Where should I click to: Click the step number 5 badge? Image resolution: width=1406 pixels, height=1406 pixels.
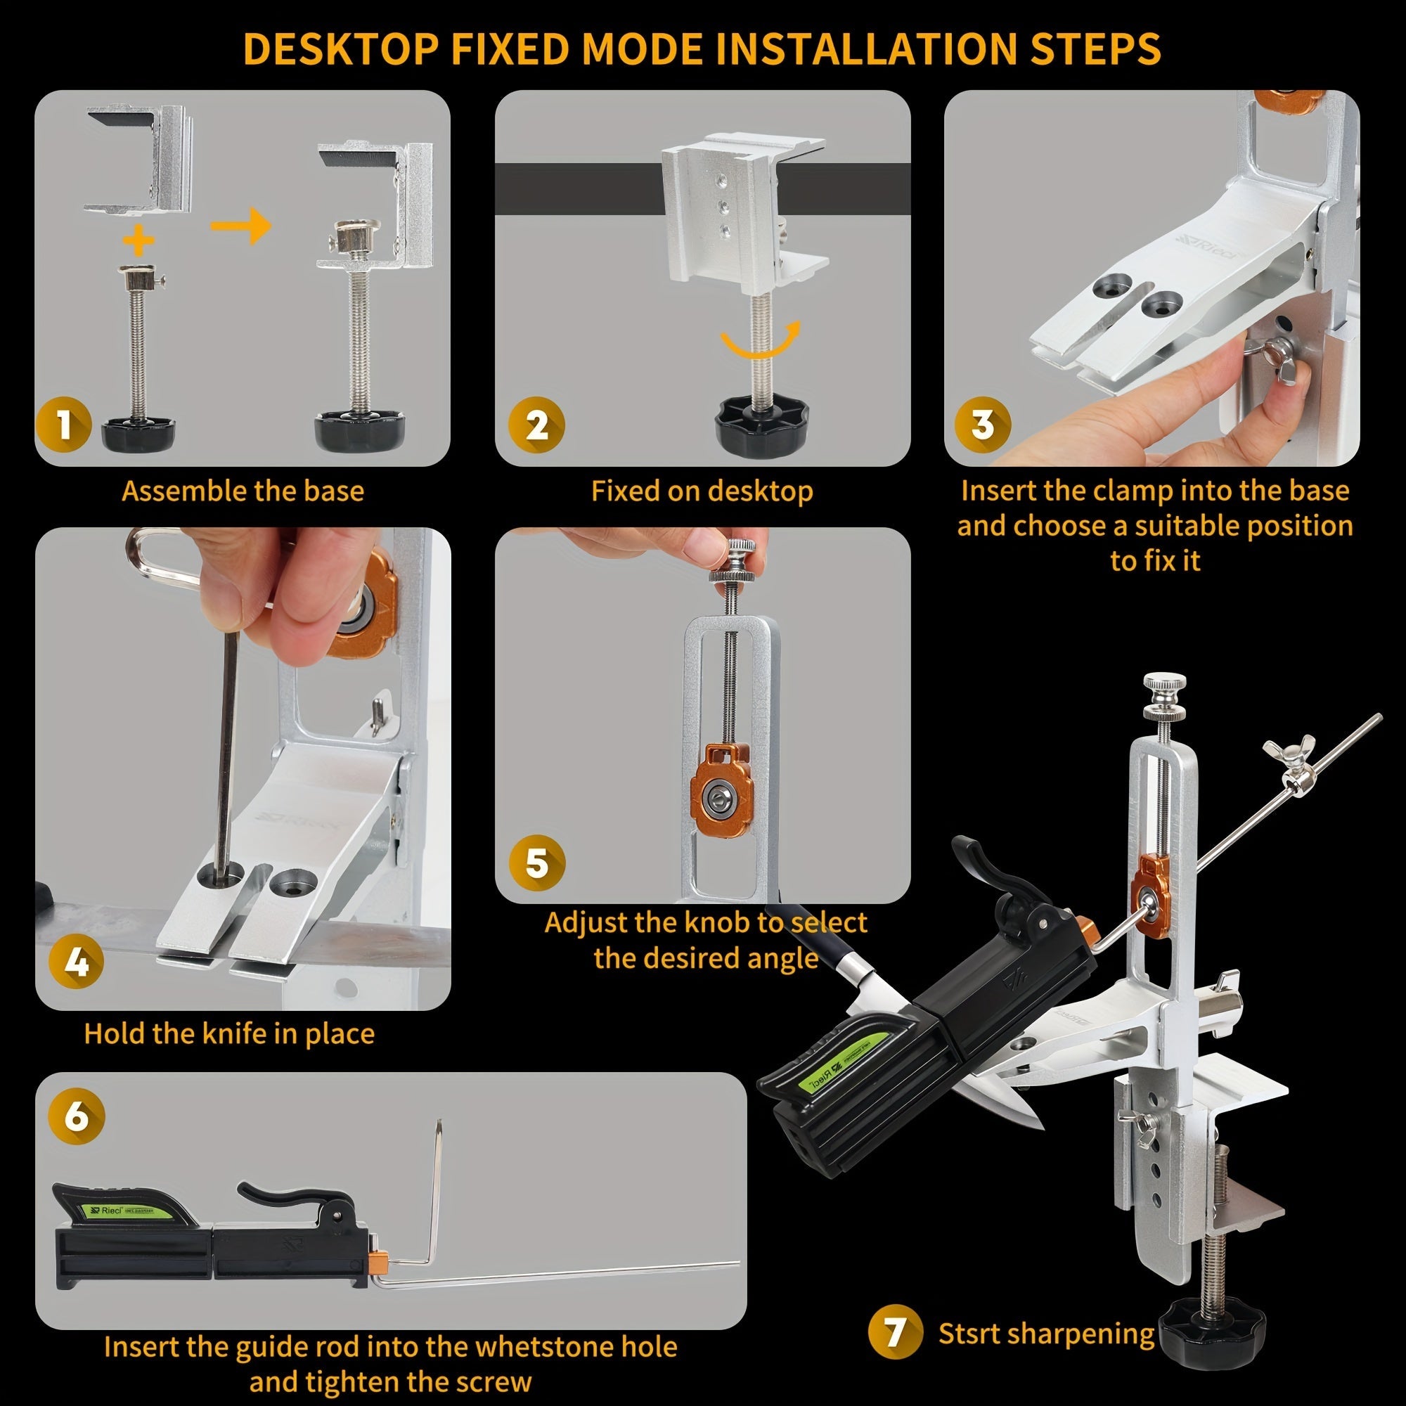(x=537, y=863)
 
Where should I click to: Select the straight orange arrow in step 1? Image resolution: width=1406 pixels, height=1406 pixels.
(x=241, y=226)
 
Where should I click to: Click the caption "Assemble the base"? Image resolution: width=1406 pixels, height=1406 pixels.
(x=243, y=491)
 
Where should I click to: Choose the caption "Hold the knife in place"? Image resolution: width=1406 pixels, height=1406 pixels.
(x=229, y=1034)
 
